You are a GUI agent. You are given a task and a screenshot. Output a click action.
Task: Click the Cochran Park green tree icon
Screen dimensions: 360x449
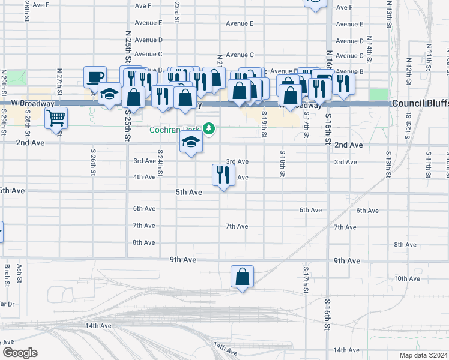click(209, 128)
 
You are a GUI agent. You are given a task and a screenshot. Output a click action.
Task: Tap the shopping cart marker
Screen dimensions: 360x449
click(56, 118)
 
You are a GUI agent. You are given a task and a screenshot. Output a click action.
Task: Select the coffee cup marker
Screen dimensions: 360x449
click(95, 76)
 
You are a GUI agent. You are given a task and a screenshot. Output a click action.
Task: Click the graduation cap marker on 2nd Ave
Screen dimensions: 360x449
click(191, 143)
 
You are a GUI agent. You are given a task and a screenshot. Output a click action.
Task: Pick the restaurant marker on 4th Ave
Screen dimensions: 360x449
click(223, 175)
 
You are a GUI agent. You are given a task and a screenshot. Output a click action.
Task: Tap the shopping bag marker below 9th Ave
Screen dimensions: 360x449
click(242, 276)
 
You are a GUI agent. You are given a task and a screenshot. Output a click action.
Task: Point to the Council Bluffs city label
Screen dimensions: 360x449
click(420, 103)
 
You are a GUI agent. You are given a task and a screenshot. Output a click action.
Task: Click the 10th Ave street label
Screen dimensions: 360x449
click(407, 278)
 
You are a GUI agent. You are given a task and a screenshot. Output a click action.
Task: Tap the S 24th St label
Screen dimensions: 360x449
click(160, 163)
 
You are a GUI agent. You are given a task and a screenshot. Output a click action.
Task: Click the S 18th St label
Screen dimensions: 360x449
click(282, 163)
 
